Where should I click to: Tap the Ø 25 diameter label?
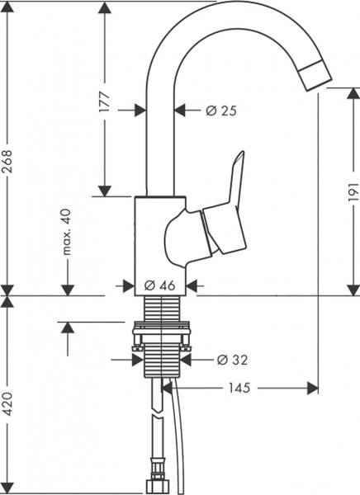[212, 110]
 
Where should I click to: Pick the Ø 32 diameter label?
[232, 360]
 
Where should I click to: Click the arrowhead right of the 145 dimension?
[311, 387]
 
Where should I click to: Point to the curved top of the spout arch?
[223, 15]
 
